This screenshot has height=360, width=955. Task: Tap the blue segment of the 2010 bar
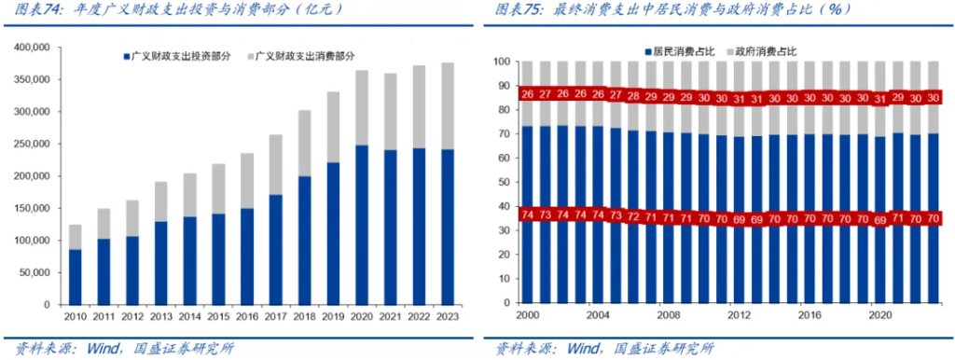coord(75,277)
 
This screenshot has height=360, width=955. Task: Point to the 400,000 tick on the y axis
coord(35,48)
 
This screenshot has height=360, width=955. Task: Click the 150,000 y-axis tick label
coord(35,208)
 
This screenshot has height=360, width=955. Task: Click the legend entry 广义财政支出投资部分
coord(180,57)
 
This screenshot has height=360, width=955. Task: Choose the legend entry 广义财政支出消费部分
coord(311,57)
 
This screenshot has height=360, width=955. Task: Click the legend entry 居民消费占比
coord(685,49)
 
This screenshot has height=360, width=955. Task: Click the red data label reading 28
coord(634,96)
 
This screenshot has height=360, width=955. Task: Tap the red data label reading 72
coord(634,217)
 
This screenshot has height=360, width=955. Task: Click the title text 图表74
coord(36,9)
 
